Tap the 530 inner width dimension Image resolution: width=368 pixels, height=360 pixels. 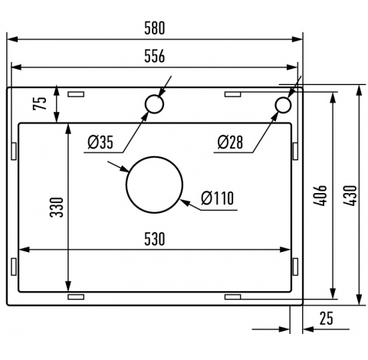[154, 239]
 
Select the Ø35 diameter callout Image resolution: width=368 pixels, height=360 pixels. [100, 142]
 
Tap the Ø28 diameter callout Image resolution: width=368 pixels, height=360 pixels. [229, 142]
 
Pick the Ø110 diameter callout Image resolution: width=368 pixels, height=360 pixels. [218, 199]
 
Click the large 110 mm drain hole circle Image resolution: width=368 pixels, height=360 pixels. [154, 186]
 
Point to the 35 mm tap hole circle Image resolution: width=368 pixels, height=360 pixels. [154, 105]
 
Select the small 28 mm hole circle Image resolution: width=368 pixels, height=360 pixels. [284, 104]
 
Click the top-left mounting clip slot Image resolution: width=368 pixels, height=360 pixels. [76, 94]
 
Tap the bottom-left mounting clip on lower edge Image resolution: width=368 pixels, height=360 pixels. [76, 295]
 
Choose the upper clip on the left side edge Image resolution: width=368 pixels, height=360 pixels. [14, 150]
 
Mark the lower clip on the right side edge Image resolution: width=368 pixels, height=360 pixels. [295, 266]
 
